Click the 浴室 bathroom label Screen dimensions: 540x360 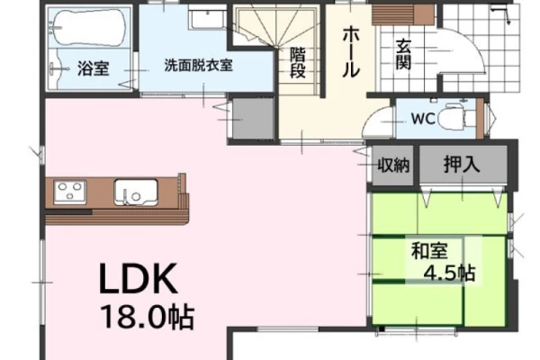tap(93, 68)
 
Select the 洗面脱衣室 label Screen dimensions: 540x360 tap(198, 65)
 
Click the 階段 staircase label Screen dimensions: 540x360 tap(298, 63)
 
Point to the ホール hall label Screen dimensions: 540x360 tap(351, 51)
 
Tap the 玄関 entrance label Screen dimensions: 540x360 tap(403, 54)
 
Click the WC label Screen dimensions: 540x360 tap(423, 119)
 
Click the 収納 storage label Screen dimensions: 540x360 tap(393, 166)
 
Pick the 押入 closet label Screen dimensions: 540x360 tap(462, 165)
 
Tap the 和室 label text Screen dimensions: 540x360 tap(429, 250)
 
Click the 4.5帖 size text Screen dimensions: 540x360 tap(449, 274)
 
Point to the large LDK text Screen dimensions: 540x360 tap(138, 278)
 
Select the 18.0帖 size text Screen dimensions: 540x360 tap(148, 316)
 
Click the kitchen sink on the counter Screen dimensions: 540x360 tap(136, 193)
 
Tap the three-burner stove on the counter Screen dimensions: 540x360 tap(70, 192)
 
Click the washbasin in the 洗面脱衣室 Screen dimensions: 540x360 tap(207, 17)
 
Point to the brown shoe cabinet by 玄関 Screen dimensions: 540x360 tap(403, 15)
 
